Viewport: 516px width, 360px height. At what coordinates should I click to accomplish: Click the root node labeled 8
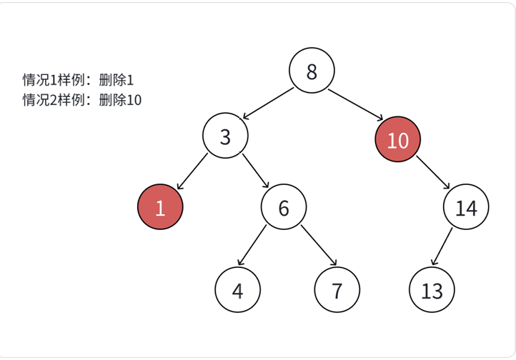coord(312,71)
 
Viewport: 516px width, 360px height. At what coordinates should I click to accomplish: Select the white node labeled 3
coord(225,136)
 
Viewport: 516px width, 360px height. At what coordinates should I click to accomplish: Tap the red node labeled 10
coord(397,140)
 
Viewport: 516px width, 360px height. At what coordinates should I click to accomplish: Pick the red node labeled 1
coord(160,207)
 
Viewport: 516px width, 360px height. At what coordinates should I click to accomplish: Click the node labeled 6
coord(283,208)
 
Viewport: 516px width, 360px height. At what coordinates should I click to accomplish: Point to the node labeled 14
coord(465,208)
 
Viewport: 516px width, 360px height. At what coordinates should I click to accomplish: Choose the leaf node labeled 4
coord(237,291)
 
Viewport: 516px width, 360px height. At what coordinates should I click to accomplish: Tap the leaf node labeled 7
coord(337,291)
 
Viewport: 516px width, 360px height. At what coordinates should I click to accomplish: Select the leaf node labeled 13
coord(432,291)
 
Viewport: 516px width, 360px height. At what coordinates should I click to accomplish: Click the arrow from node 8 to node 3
coord(269,103)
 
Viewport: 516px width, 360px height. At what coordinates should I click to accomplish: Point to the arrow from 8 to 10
coord(354,105)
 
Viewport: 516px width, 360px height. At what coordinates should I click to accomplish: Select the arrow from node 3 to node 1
coord(192,172)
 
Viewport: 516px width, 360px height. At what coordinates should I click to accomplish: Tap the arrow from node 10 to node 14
coord(432,174)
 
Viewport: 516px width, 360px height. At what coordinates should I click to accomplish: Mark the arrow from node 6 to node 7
coord(318,246)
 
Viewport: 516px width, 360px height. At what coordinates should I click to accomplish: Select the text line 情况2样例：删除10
coord(81,99)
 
